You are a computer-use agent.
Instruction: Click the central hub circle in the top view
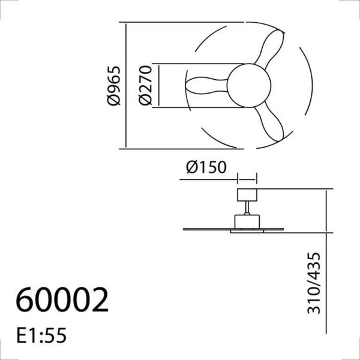point(248,85)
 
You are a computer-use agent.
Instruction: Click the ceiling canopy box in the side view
point(247,195)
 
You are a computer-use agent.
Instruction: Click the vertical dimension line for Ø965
point(125,85)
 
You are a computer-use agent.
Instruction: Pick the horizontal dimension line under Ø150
point(247,178)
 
